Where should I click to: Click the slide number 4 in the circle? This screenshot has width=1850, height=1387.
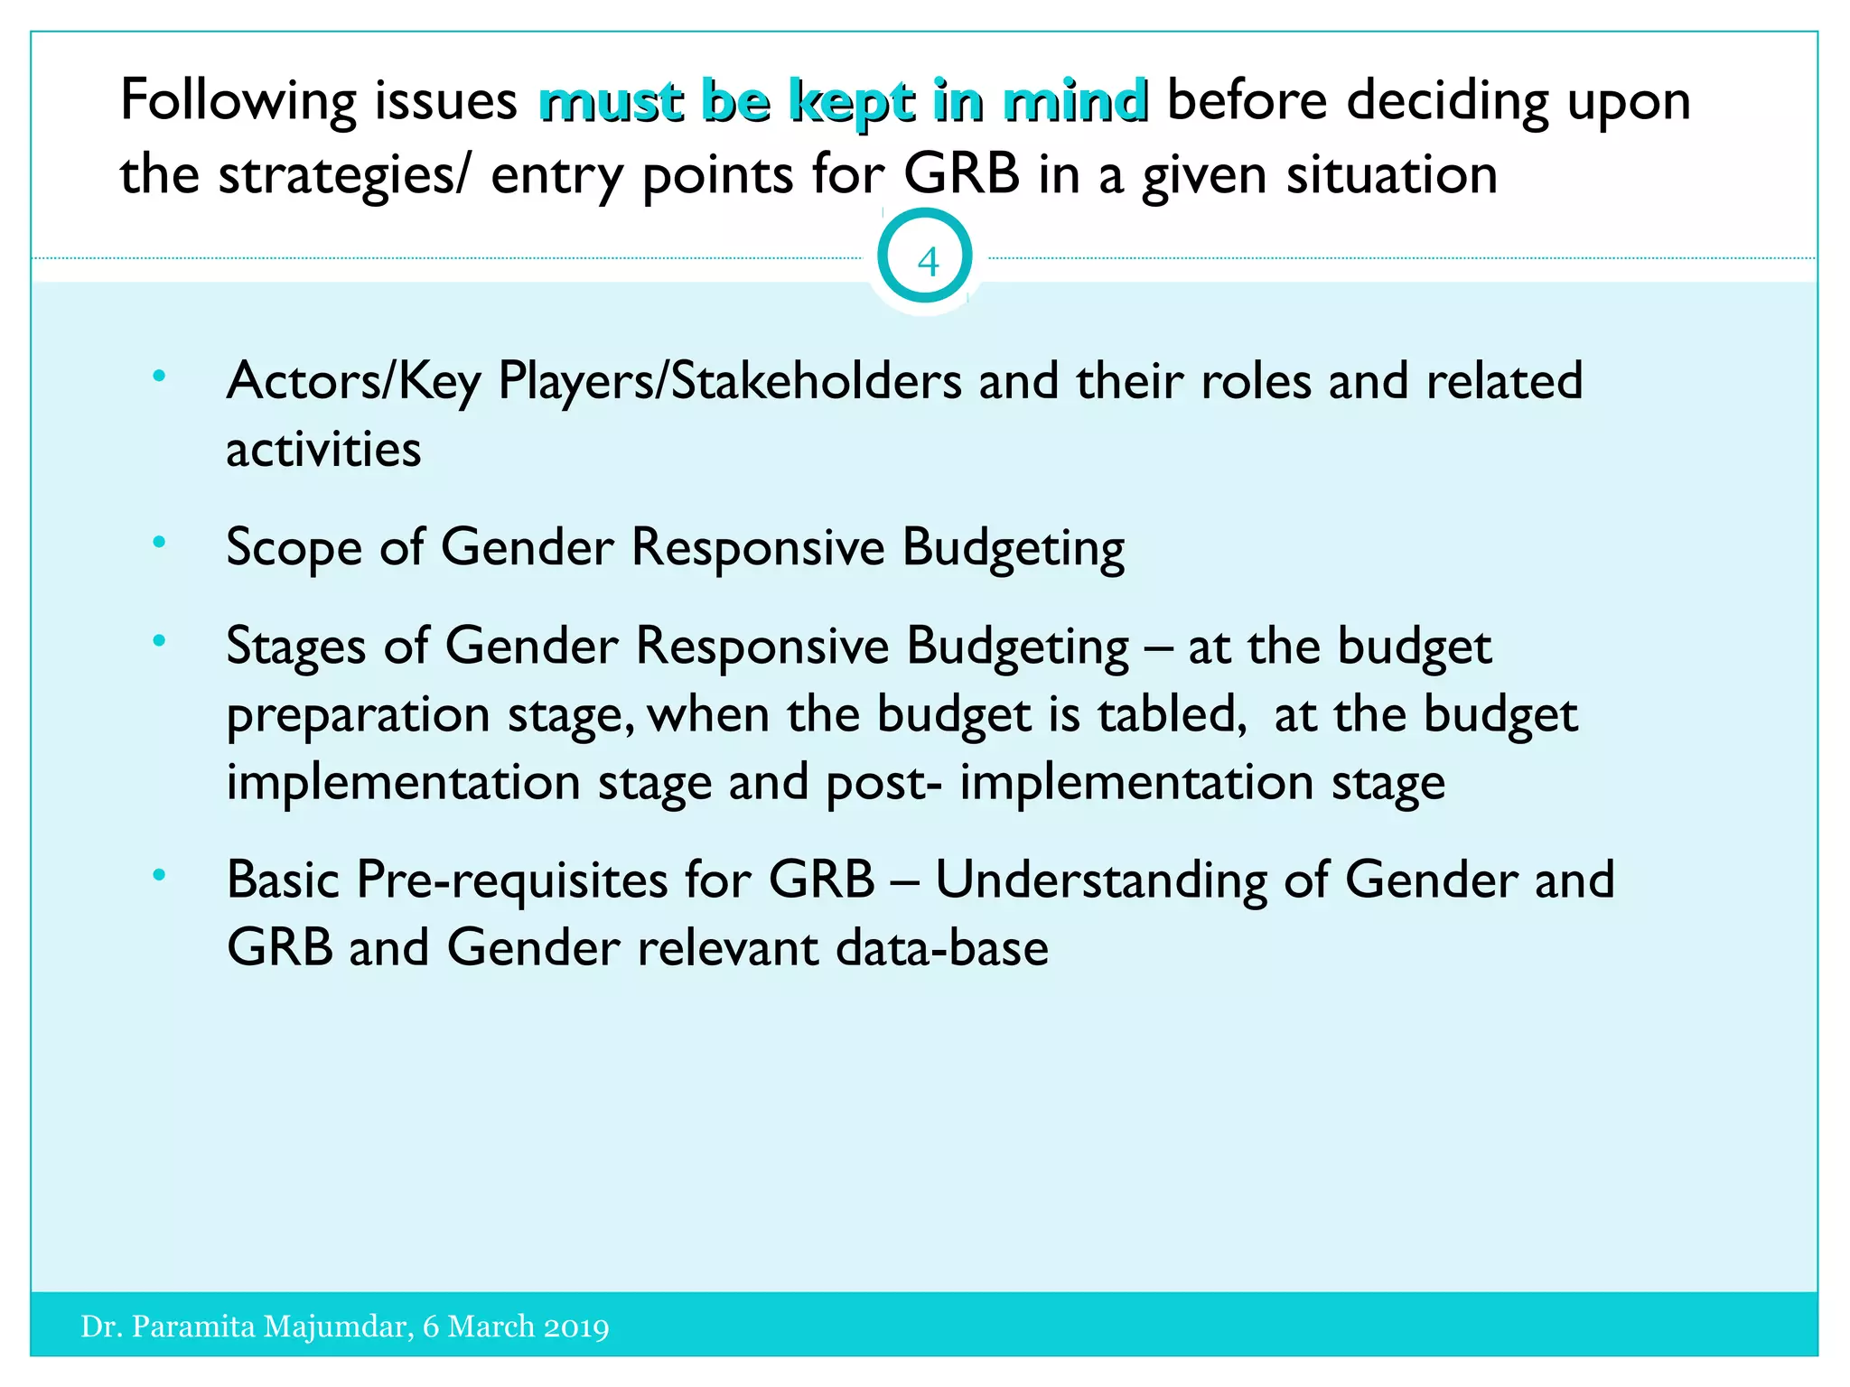(x=927, y=262)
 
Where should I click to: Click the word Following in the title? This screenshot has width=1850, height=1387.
(x=238, y=101)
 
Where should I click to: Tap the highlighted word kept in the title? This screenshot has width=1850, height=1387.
(x=852, y=101)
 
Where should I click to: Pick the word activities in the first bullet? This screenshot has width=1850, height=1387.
(x=323, y=450)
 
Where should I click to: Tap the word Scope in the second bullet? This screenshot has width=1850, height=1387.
(x=293, y=548)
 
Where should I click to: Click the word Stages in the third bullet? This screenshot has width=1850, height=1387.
(x=296, y=647)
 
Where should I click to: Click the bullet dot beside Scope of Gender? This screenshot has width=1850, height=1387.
(x=160, y=542)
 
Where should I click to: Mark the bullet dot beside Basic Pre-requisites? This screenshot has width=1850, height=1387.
(x=160, y=874)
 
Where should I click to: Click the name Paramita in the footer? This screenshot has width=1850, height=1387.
(x=193, y=1326)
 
